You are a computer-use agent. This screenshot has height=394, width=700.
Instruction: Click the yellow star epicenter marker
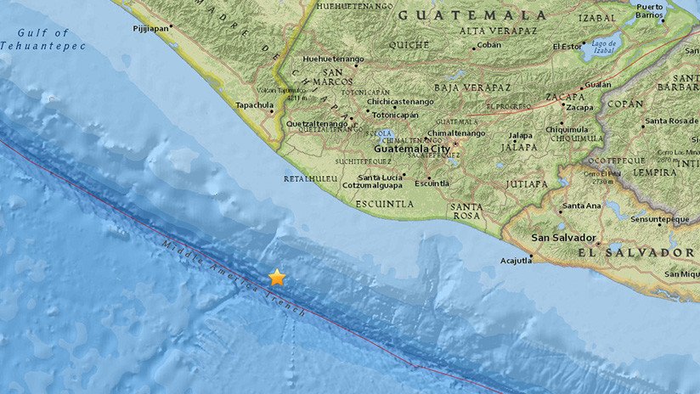coord(277,277)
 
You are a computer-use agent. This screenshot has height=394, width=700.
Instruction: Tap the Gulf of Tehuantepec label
coord(43,39)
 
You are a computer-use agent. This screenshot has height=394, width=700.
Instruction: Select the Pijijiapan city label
coord(151,26)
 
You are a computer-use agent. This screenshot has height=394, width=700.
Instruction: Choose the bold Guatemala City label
coord(413,147)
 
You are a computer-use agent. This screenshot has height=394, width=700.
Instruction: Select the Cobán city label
coord(488,45)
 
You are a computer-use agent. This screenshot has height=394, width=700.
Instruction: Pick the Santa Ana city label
coord(582,205)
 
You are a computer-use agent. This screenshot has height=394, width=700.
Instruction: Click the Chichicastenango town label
coord(399,101)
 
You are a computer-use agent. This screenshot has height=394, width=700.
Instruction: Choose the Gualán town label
coord(598,85)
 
